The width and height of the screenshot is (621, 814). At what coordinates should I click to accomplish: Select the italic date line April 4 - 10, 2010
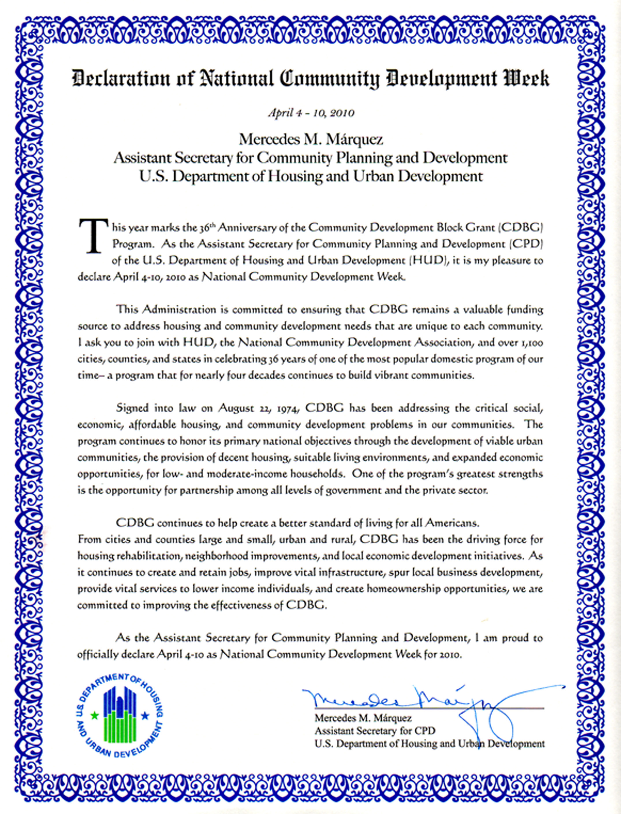tap(311, 113)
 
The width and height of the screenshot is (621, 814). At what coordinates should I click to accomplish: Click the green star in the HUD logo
tap(95, 715)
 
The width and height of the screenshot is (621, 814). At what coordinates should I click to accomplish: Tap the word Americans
tap(452, 523)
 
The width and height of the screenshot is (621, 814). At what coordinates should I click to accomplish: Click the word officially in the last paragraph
tap(97, 654)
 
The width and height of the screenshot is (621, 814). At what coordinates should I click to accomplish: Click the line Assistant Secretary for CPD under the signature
tap(375, 731)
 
